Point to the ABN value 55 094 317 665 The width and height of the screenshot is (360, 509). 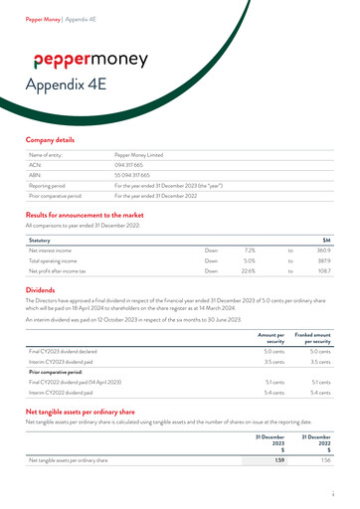tap(137, 175)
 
